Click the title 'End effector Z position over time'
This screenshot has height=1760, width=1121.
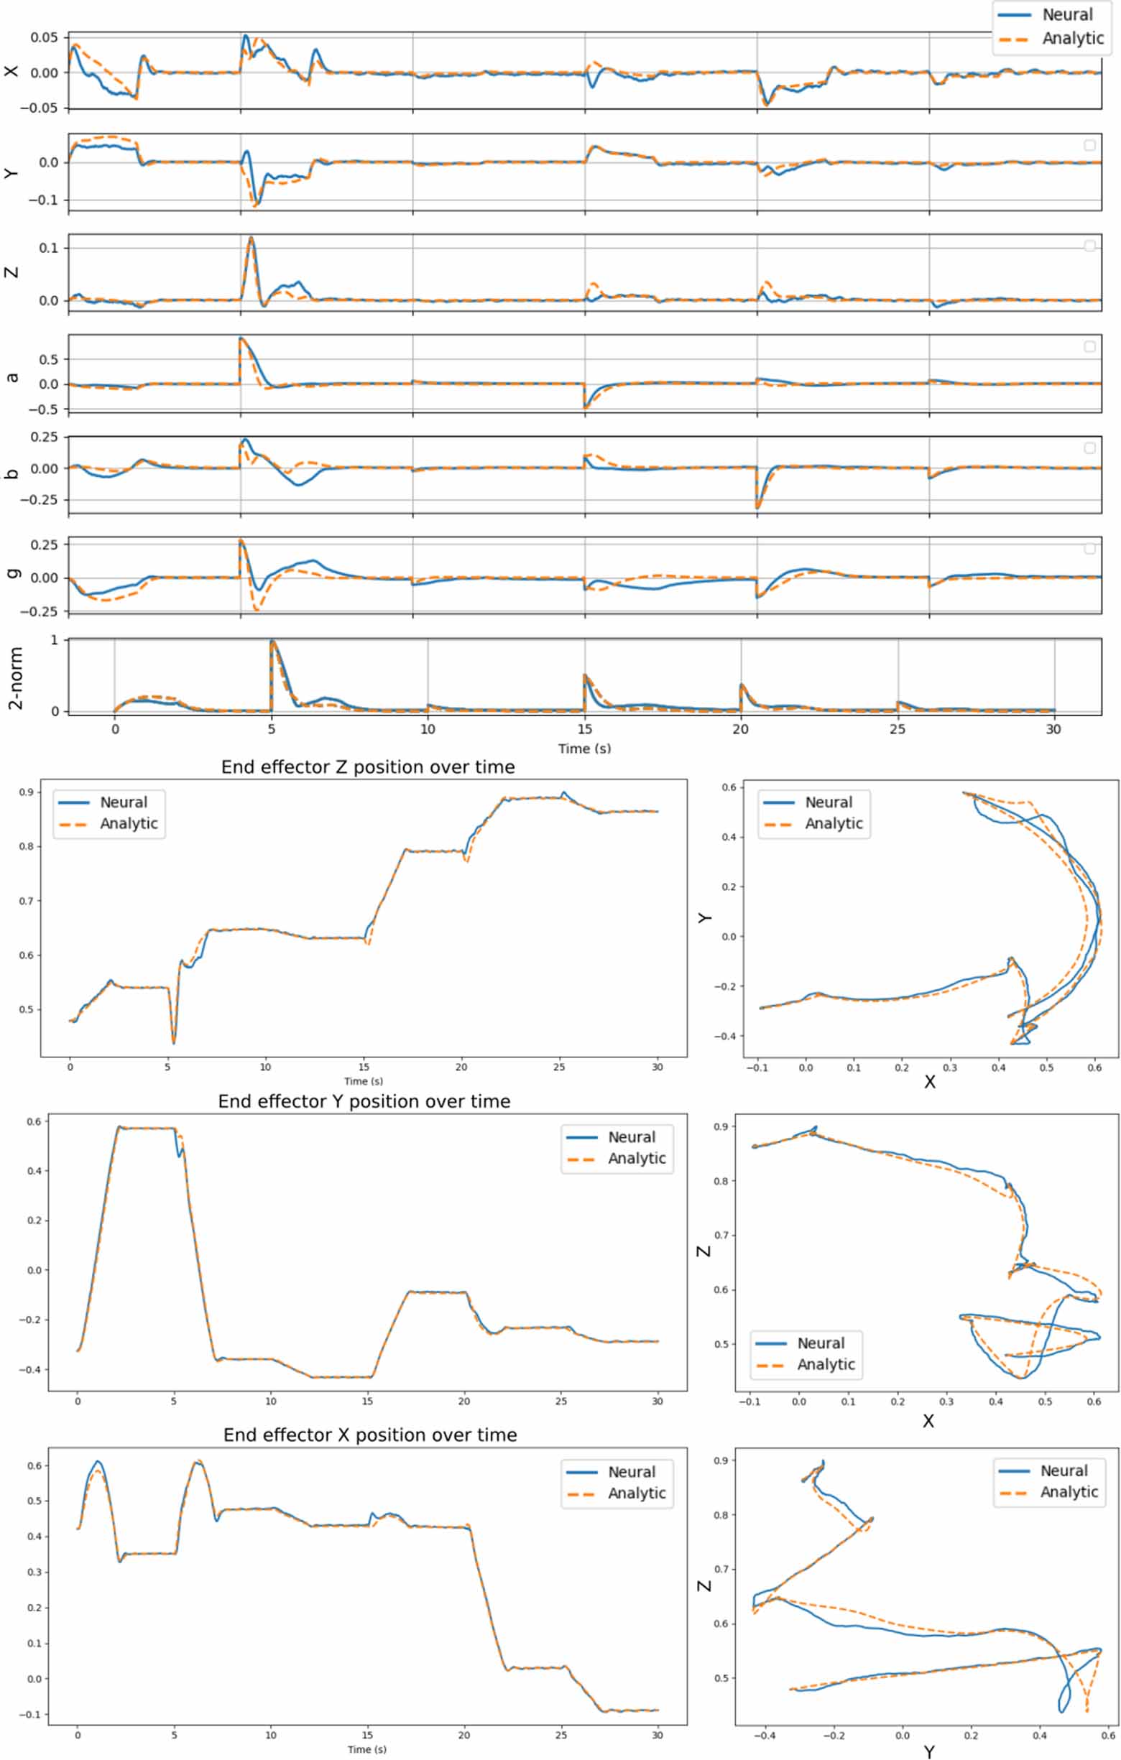click(368, 767)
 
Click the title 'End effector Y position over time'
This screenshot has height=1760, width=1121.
click(364, 1101)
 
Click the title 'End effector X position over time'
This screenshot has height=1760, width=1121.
click(370, 1435)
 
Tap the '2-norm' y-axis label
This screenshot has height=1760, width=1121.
click(15, 677)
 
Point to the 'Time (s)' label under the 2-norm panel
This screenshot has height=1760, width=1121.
click(584, 749)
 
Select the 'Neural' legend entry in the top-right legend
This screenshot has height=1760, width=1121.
click(1067, 14)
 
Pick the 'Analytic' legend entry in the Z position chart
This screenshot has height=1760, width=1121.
click(129, 824)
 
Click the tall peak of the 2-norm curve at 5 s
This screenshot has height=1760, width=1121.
click(272, 641)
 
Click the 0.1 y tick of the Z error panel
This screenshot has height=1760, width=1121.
click(48, 248)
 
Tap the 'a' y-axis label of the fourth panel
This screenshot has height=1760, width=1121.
click(11, 378)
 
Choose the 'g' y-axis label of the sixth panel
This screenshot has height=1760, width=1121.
click(11, 573)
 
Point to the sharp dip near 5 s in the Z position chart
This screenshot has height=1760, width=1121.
click(173, 1042)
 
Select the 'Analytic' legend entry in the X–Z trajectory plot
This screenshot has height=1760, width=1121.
click(826, 1365)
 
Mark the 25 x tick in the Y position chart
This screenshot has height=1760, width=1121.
click(561, 1401)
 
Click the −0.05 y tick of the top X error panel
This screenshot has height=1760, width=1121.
click(43, 108)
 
